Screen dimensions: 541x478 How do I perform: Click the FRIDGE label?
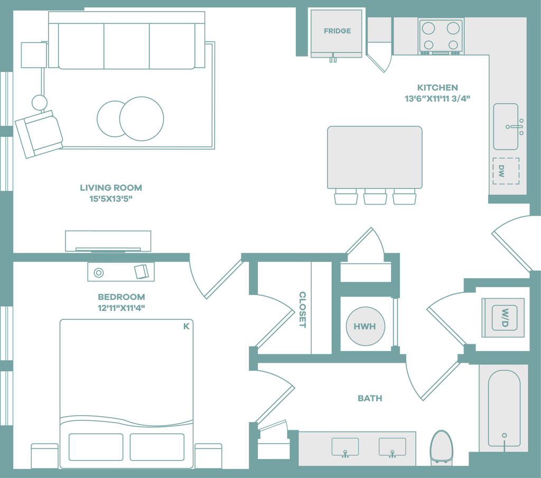tap(337, 31)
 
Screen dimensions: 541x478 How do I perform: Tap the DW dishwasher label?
tap(501, 171)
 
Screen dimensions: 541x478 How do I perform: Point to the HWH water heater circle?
tap(365, 326)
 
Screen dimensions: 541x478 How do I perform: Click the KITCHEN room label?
tap(437, 88)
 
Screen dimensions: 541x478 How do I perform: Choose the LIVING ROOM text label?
tap(111, 188)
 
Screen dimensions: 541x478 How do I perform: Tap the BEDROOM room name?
tap(121, 297)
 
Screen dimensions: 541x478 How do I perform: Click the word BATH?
tap(370, 399)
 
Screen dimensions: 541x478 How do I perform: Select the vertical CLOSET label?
tap(302, 310)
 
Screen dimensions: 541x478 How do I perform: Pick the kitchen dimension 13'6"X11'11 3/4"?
tap(437, 99)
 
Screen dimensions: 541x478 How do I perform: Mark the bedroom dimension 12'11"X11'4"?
tap(121, 308)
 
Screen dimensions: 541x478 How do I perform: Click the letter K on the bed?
tap(186, 326)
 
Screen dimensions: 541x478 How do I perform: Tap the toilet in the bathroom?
tap(441, 447)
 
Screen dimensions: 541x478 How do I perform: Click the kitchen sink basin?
tap(506, 126)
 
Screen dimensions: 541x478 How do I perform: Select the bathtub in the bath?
tap(504, 408)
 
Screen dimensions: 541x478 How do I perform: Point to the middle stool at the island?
tap(375, 197)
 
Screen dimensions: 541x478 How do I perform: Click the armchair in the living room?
tap(39, 134)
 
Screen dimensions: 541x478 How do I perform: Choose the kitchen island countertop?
tap(375, 158)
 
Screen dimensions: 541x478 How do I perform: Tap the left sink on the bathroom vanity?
tap(345, 447)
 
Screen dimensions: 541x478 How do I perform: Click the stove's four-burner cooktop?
tap(441, 36)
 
